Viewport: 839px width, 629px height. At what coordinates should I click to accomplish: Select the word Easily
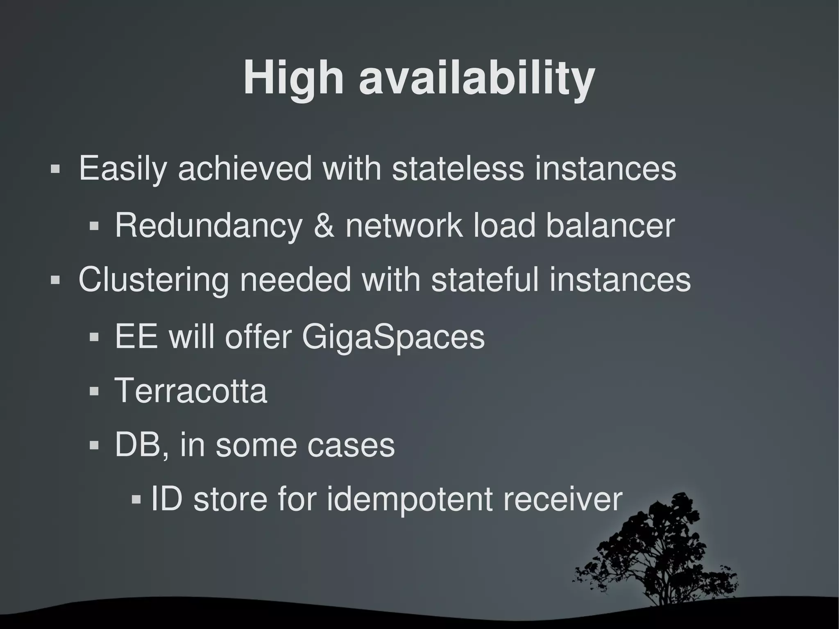point(122,169)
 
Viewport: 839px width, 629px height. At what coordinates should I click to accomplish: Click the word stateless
point(458,168)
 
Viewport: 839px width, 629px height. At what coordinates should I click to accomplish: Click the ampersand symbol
point(324,225)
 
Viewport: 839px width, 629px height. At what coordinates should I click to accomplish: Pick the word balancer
point(610,225)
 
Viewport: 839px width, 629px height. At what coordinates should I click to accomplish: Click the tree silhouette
point(660,553)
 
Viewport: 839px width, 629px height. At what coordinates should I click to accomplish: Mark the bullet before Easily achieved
point(55,169)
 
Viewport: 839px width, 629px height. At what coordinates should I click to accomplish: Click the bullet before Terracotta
point(94,391)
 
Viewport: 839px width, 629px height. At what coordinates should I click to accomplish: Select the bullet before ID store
point(136,500)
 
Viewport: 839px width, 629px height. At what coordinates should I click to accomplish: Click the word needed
point(295,280)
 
